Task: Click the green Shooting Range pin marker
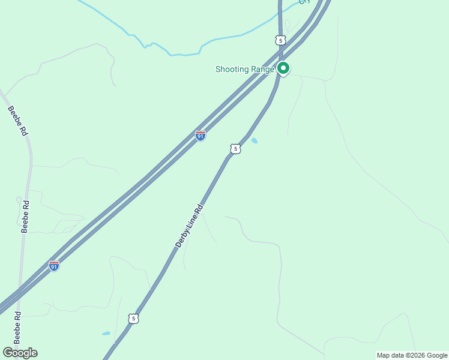(x=283, y=68)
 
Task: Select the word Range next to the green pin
(x=263, y=69)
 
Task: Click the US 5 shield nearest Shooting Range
(x=280, y=40)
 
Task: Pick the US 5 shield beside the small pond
(x=235, y=149)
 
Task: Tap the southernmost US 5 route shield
(x=133, y=319)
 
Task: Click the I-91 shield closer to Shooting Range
(x=200, y=136)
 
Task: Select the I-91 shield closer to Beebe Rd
(x=54, y=265)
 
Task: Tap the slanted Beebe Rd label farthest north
(x=18, y=120)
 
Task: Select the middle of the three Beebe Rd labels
(x=25, y=216)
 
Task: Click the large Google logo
(x=20, y=353)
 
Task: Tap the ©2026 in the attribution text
(x=417, y=355)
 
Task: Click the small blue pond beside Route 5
(x=255, y=140)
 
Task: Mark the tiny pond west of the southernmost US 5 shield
(x=106, y=333)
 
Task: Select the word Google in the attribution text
(x=437, y=355)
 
